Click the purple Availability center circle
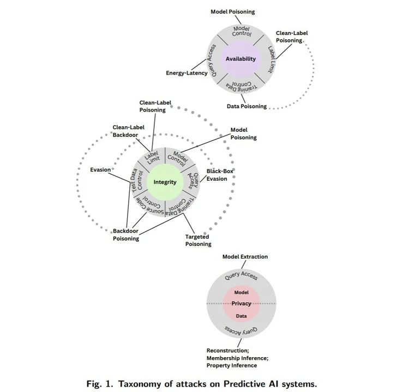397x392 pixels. (240, 59)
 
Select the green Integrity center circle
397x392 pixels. (165, 182)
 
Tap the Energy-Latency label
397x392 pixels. (187, 72)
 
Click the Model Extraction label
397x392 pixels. (245, 256)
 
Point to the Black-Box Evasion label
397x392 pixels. (216, 175)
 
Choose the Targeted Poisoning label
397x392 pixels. (198, 241)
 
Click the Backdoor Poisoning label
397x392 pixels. (125, 235)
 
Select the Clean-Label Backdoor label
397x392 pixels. (128, 131)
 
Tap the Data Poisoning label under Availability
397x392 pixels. (246, 106)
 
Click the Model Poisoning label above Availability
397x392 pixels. (233, 11)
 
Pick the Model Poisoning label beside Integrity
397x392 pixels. (243, 134)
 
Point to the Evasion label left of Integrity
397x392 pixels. (100, 170)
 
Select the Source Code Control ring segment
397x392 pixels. (151, 206)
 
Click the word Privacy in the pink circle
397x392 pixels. (241, 304)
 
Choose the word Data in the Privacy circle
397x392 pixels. (241, 316)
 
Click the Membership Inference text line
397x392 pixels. (237, 358)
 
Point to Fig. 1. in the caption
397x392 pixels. (99, 383)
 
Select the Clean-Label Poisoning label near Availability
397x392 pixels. (292, 36)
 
